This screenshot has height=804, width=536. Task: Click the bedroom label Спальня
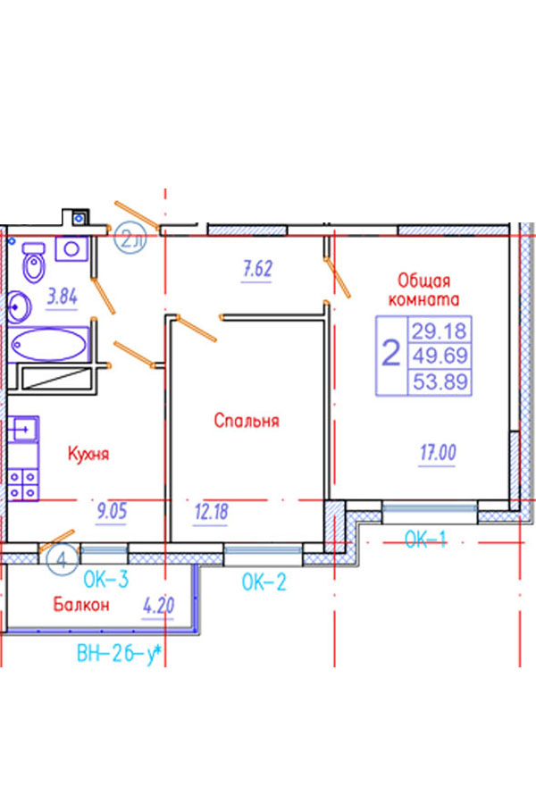[247, 419]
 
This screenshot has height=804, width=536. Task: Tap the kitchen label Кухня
[88, 454]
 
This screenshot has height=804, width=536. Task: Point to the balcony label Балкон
[80, 605]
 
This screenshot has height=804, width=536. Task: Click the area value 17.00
[436, 454]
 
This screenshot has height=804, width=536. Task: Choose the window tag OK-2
[264, 583]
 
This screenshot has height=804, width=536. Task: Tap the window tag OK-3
[106, 580]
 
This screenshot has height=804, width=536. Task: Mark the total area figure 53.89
[439, 382]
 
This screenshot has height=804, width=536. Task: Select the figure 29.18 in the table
[439, 331]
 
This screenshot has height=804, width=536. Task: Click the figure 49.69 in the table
[439, 356]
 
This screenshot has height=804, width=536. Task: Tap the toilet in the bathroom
[34, 264]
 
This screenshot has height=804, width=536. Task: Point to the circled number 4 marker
[62, 561]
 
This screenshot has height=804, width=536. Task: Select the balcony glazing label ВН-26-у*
[118, 655]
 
